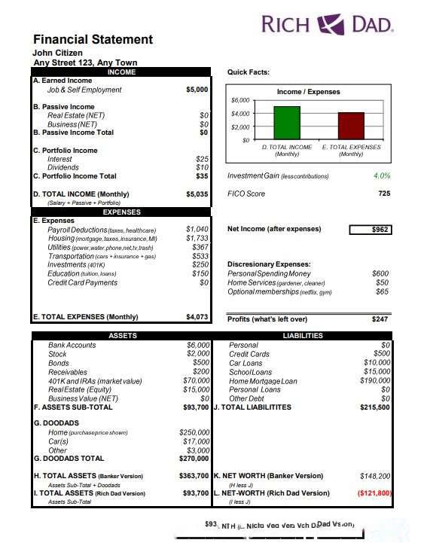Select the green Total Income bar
point(286,123)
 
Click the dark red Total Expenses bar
point(351,126)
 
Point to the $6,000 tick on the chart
point(240,100)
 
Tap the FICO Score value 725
point(384,194)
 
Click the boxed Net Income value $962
point(371,229)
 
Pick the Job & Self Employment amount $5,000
point(197,90)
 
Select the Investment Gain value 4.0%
point(382,175)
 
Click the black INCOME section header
point(122,72)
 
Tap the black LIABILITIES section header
point(302,336)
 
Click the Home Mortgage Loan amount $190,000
point(374,381)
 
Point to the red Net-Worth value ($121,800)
point(374,493)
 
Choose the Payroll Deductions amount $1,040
point(197,229)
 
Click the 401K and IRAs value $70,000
point(196,381)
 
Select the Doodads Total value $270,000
point(194,458)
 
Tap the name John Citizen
point(57,53)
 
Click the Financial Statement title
point(93,39)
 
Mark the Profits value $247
point(380,319)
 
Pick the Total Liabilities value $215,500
point(374,407)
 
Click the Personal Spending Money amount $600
point(380,274)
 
